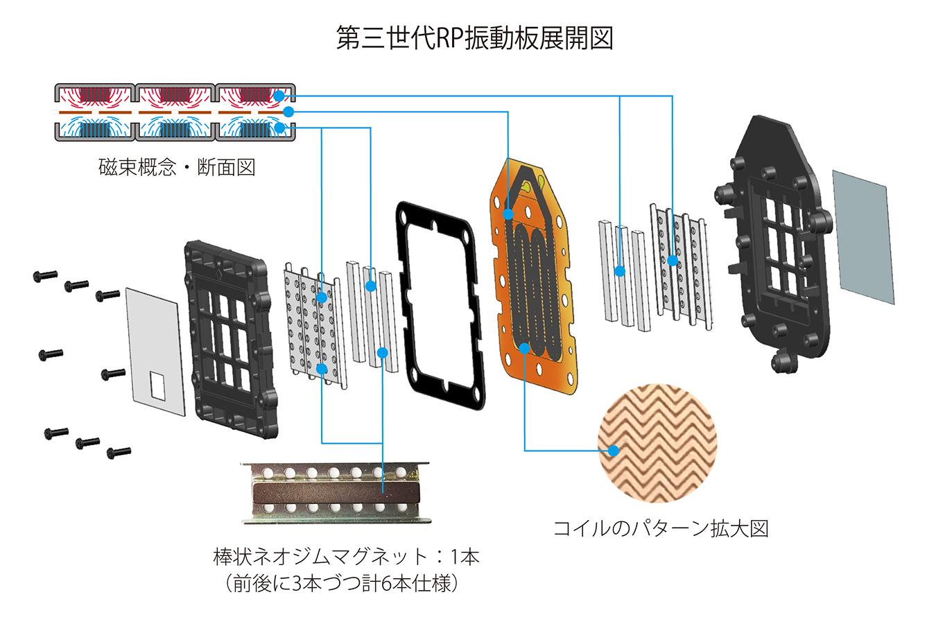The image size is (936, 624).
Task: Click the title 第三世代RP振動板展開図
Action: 474,38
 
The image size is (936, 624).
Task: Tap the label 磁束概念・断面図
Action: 177,167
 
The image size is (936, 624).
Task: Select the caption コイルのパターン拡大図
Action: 660,528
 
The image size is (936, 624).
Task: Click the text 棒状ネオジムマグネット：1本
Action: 346,557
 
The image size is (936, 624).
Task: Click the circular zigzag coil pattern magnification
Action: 657,442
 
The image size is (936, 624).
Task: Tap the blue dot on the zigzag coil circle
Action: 613,451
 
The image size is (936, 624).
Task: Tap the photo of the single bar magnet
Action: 336,493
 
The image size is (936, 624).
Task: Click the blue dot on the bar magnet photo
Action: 383,493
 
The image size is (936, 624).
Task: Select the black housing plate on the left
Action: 229,340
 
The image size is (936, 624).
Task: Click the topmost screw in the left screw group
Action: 45,276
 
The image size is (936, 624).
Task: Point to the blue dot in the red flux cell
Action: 279,96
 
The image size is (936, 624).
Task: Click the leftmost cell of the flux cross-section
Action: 94,112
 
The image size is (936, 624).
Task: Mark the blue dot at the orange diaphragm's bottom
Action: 525,348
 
